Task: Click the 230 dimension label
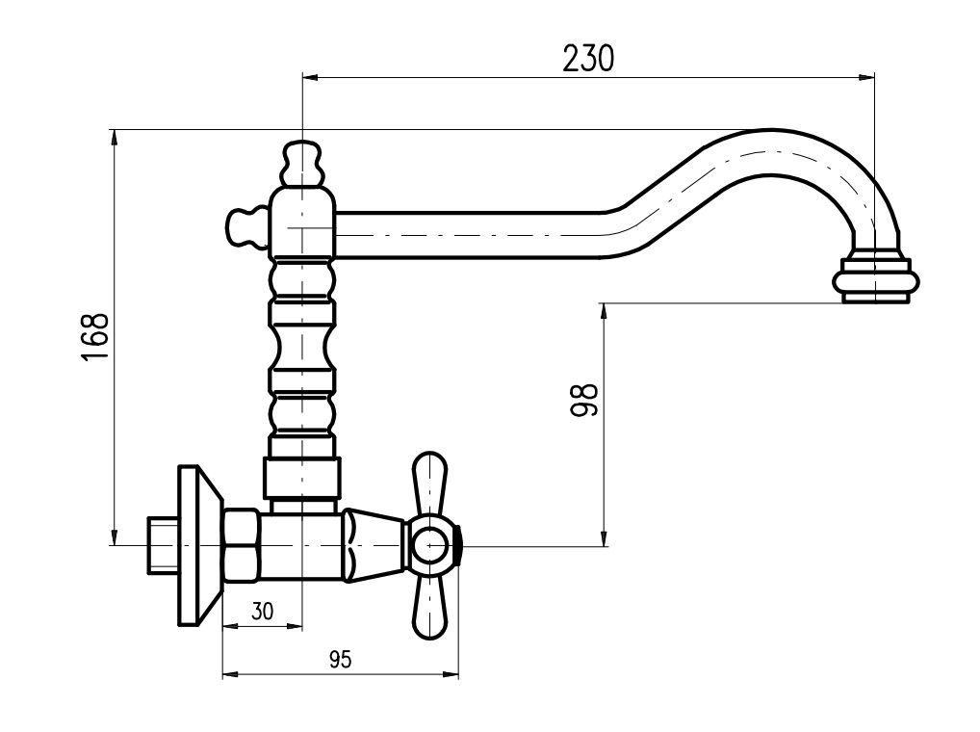(x=588, y=58)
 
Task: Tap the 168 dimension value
(x=95, y=336)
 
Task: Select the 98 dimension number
(x=585, y=400)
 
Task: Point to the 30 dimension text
(x=263, y=611)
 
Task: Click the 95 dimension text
(x=341, y=659)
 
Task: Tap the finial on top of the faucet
(x=302, y=164)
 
